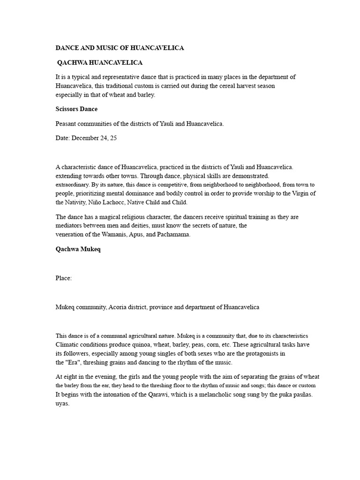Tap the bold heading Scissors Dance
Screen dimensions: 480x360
pyautogui.click(x=76, y=109)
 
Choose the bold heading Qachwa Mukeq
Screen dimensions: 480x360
pyautogui.click(x=78, y=249)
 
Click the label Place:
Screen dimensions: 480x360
pyautogui.click(x=64, y=278)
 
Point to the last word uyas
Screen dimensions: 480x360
pyautogui.click(x=62, y=404)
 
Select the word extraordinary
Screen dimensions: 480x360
pyautogui.click(x=72, y=185)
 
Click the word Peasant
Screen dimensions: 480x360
pyautogui.click(x=67, y=124)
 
